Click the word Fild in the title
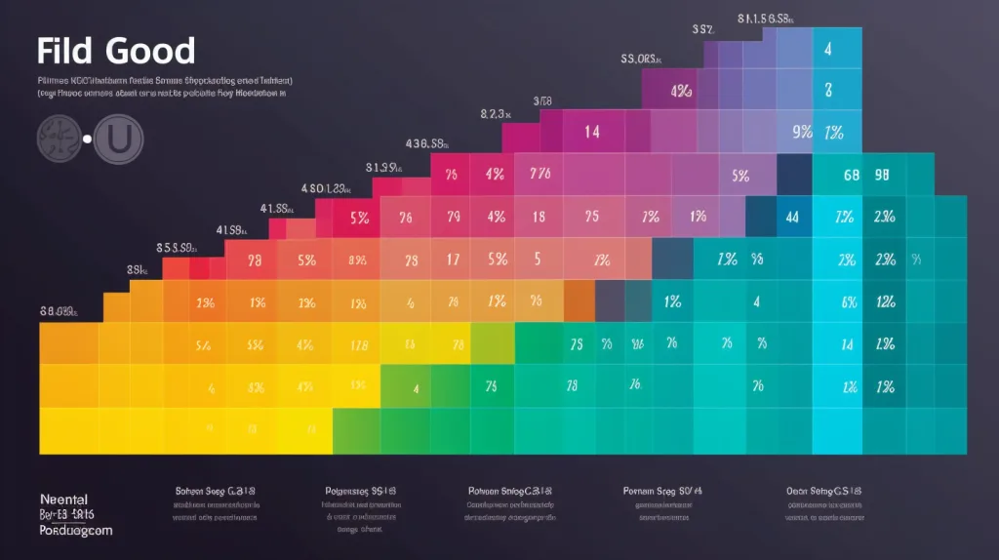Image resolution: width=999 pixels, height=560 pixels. click(x=67, y=51)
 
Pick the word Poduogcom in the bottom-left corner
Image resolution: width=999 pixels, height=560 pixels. click(x=76, y=530)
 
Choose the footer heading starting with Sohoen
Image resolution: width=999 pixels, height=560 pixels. click(x=215, y=491)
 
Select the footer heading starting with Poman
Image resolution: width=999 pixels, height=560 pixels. click(x=662, y=491)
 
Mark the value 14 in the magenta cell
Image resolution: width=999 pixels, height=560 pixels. click(x=592, y=132)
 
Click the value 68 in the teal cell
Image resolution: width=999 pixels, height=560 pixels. click(x=851, y=176)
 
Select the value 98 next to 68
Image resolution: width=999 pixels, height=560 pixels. click(x=883, y=176)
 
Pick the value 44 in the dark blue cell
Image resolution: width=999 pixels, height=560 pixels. click(x=792, y=218)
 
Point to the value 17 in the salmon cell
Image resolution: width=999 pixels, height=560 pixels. click(x=453, y=260)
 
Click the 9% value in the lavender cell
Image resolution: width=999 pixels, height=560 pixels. click(x=802, y=132)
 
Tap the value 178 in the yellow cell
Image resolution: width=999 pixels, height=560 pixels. click(x=358, y=345)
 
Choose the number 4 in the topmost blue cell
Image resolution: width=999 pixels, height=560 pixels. click(x=827, y=49)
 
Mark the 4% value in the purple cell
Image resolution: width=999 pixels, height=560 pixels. click(x=681, y=91)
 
